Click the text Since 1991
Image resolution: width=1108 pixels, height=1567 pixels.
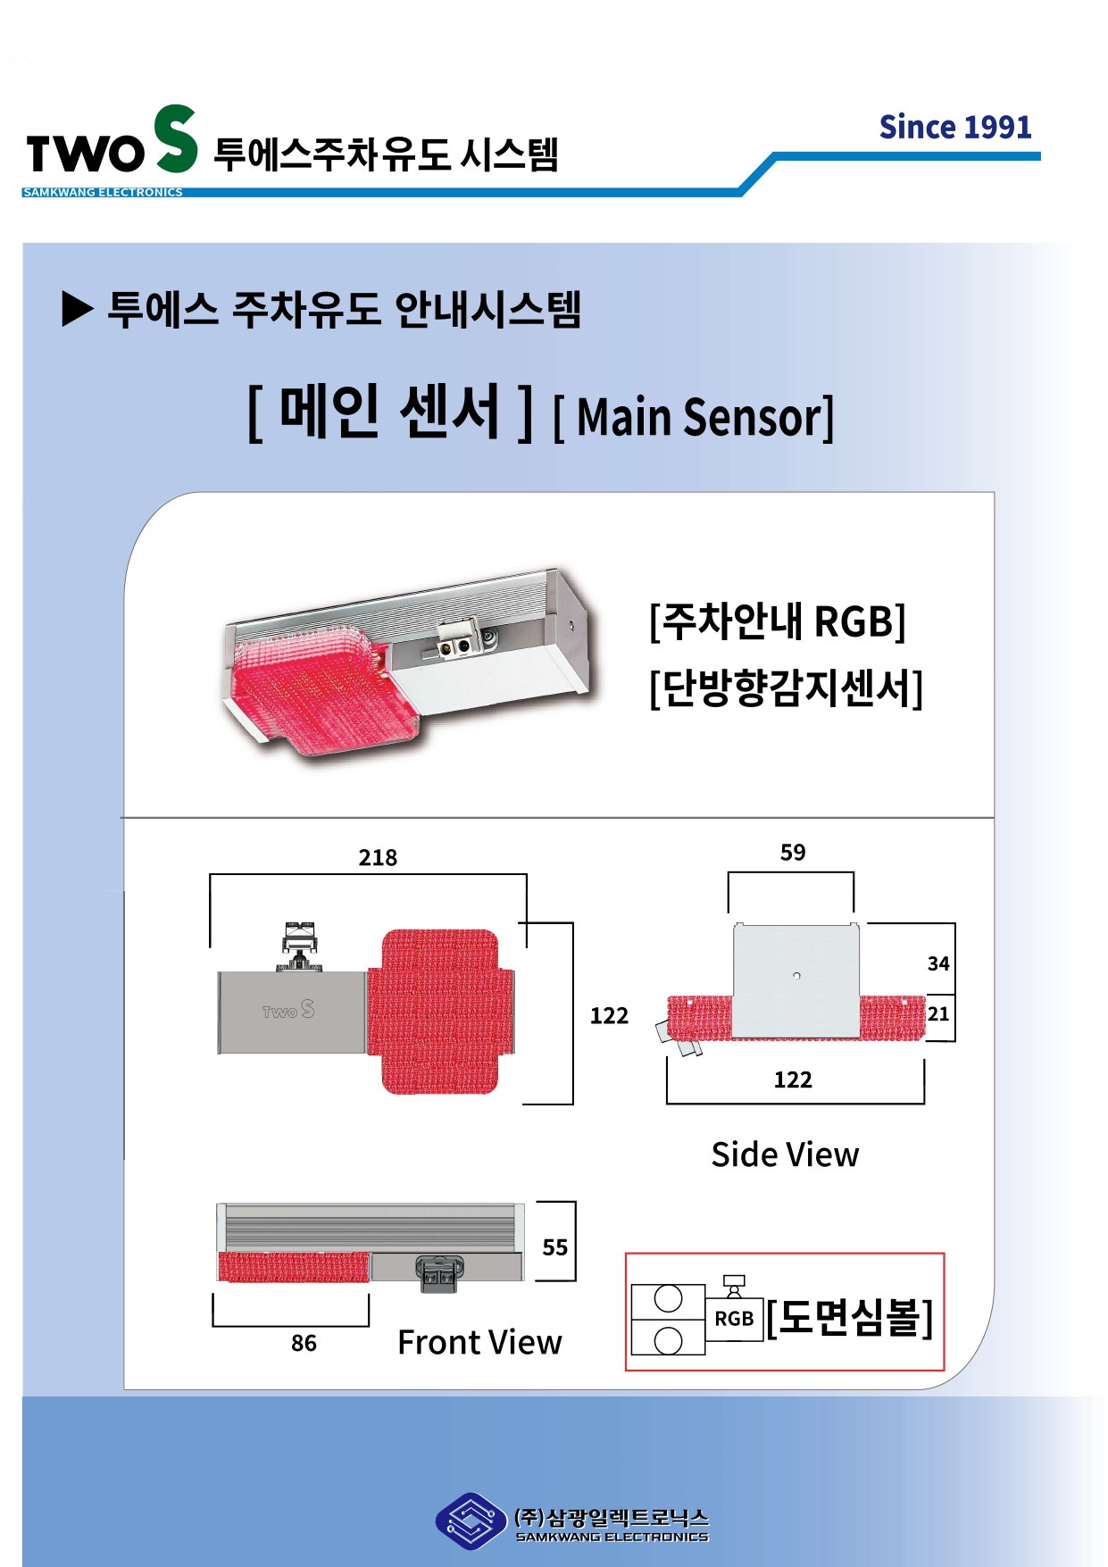[x=954, y=128]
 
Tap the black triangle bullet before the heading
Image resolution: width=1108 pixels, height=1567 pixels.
[x=77, y=310]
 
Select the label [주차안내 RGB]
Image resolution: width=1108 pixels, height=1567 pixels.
[x=777, y=621]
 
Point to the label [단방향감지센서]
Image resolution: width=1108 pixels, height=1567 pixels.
[x=786, y=688]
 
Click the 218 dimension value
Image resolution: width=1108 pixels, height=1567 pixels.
[x=378, y=858]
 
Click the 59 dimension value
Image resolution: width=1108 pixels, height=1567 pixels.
[x=792, y=853]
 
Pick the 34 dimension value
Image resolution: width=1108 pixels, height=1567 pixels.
[x=937, y=963]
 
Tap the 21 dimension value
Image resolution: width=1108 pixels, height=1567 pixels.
[x=937, y=1014]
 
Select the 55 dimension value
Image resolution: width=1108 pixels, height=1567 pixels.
[x=554, y=1247]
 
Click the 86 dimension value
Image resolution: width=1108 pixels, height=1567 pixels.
[x=304, y=1343]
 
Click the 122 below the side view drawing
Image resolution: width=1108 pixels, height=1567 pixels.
[x=792, y=1080]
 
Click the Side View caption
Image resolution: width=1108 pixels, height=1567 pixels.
[x=785, y=1154]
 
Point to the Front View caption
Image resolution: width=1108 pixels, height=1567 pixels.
[x=479, y=1342]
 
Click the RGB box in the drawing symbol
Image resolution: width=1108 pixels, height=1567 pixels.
[x=734, y=1319]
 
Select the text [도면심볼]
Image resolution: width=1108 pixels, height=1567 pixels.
[x=849, y=1317]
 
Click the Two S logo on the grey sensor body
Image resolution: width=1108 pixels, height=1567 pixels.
[x=288, y=1010]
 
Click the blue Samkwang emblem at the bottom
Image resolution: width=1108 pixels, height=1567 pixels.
[x=470, y=1521]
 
